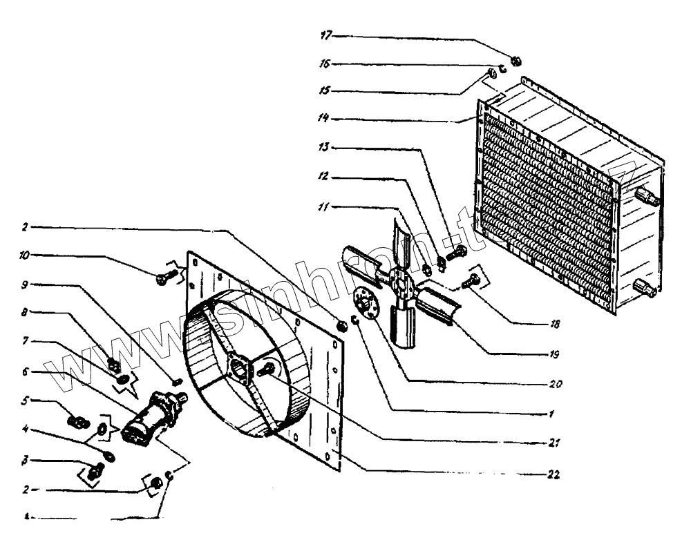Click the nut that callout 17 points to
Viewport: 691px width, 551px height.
515,61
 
